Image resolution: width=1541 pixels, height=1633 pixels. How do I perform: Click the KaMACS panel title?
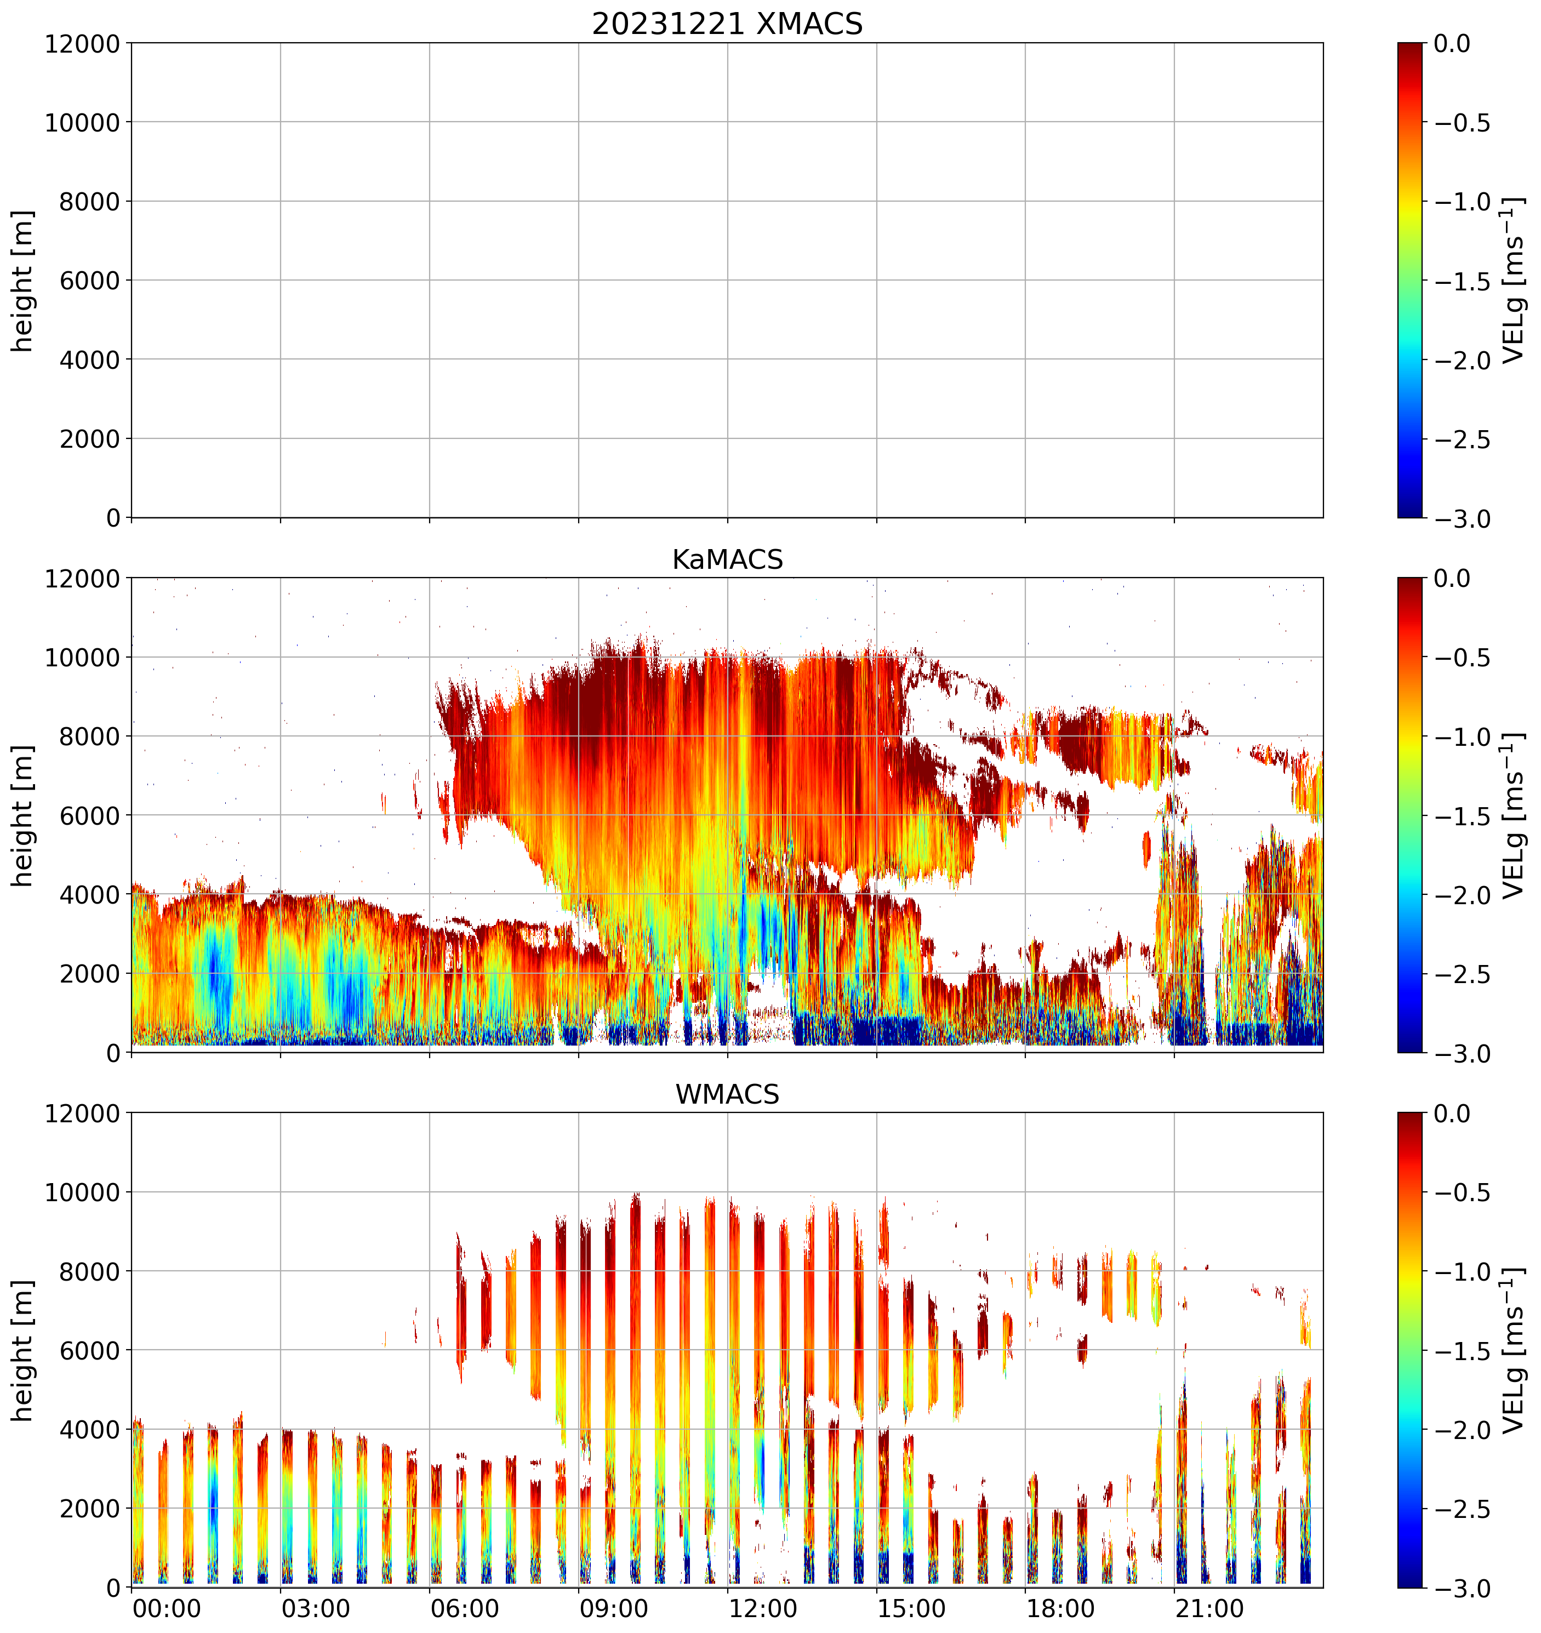[x=727, y=559]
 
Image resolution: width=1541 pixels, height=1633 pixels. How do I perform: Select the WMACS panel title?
[x=727, y=1094]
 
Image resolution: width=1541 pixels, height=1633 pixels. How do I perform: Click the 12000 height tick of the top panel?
[x=82, y=43]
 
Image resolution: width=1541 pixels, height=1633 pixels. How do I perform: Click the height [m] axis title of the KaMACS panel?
[x=23, y=816]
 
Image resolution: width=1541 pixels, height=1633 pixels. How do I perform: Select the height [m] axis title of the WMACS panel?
[x=23, y=1350]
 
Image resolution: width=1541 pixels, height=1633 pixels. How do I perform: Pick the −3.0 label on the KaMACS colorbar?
[x=1462, y=1054]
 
